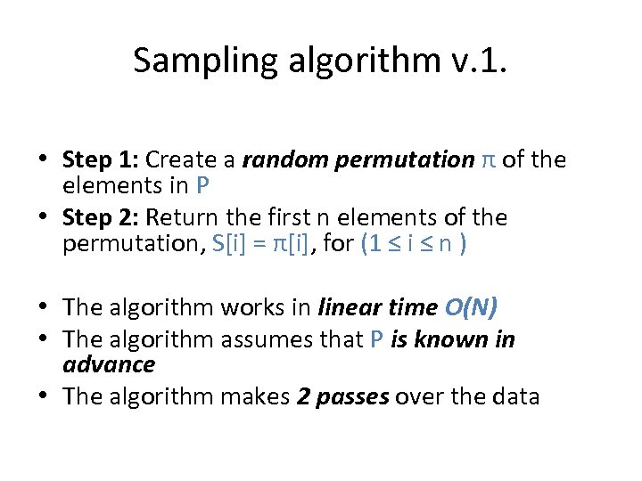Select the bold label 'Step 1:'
coord(101,159)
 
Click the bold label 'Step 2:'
coord(101,217)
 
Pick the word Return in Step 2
coord(181,217)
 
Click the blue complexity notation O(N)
coord(470,307)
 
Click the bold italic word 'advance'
coord(109,363)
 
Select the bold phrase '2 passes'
coord(342,396)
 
